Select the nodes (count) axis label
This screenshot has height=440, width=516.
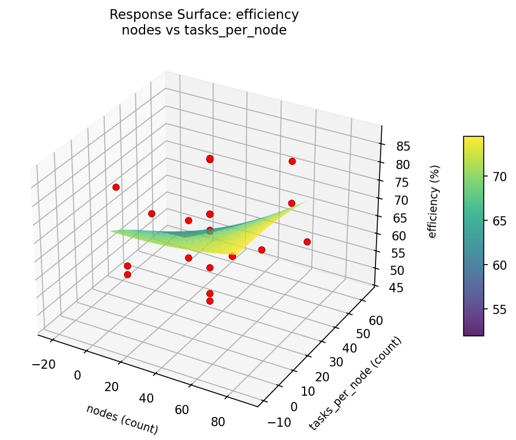tap(122, 419)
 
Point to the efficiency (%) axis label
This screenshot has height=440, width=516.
tap(433, 201)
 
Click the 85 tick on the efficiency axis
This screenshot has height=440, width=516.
tap(403, 146)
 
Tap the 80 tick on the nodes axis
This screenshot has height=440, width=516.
tap(218, 422)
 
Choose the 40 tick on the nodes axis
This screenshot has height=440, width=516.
tap(147, 398)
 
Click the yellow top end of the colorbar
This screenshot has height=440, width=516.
tap(473, 139)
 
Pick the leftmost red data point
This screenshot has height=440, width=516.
tap(116, 187)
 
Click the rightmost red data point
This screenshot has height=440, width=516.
tap(307, 242)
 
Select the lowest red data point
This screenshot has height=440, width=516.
tap(210, 301)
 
